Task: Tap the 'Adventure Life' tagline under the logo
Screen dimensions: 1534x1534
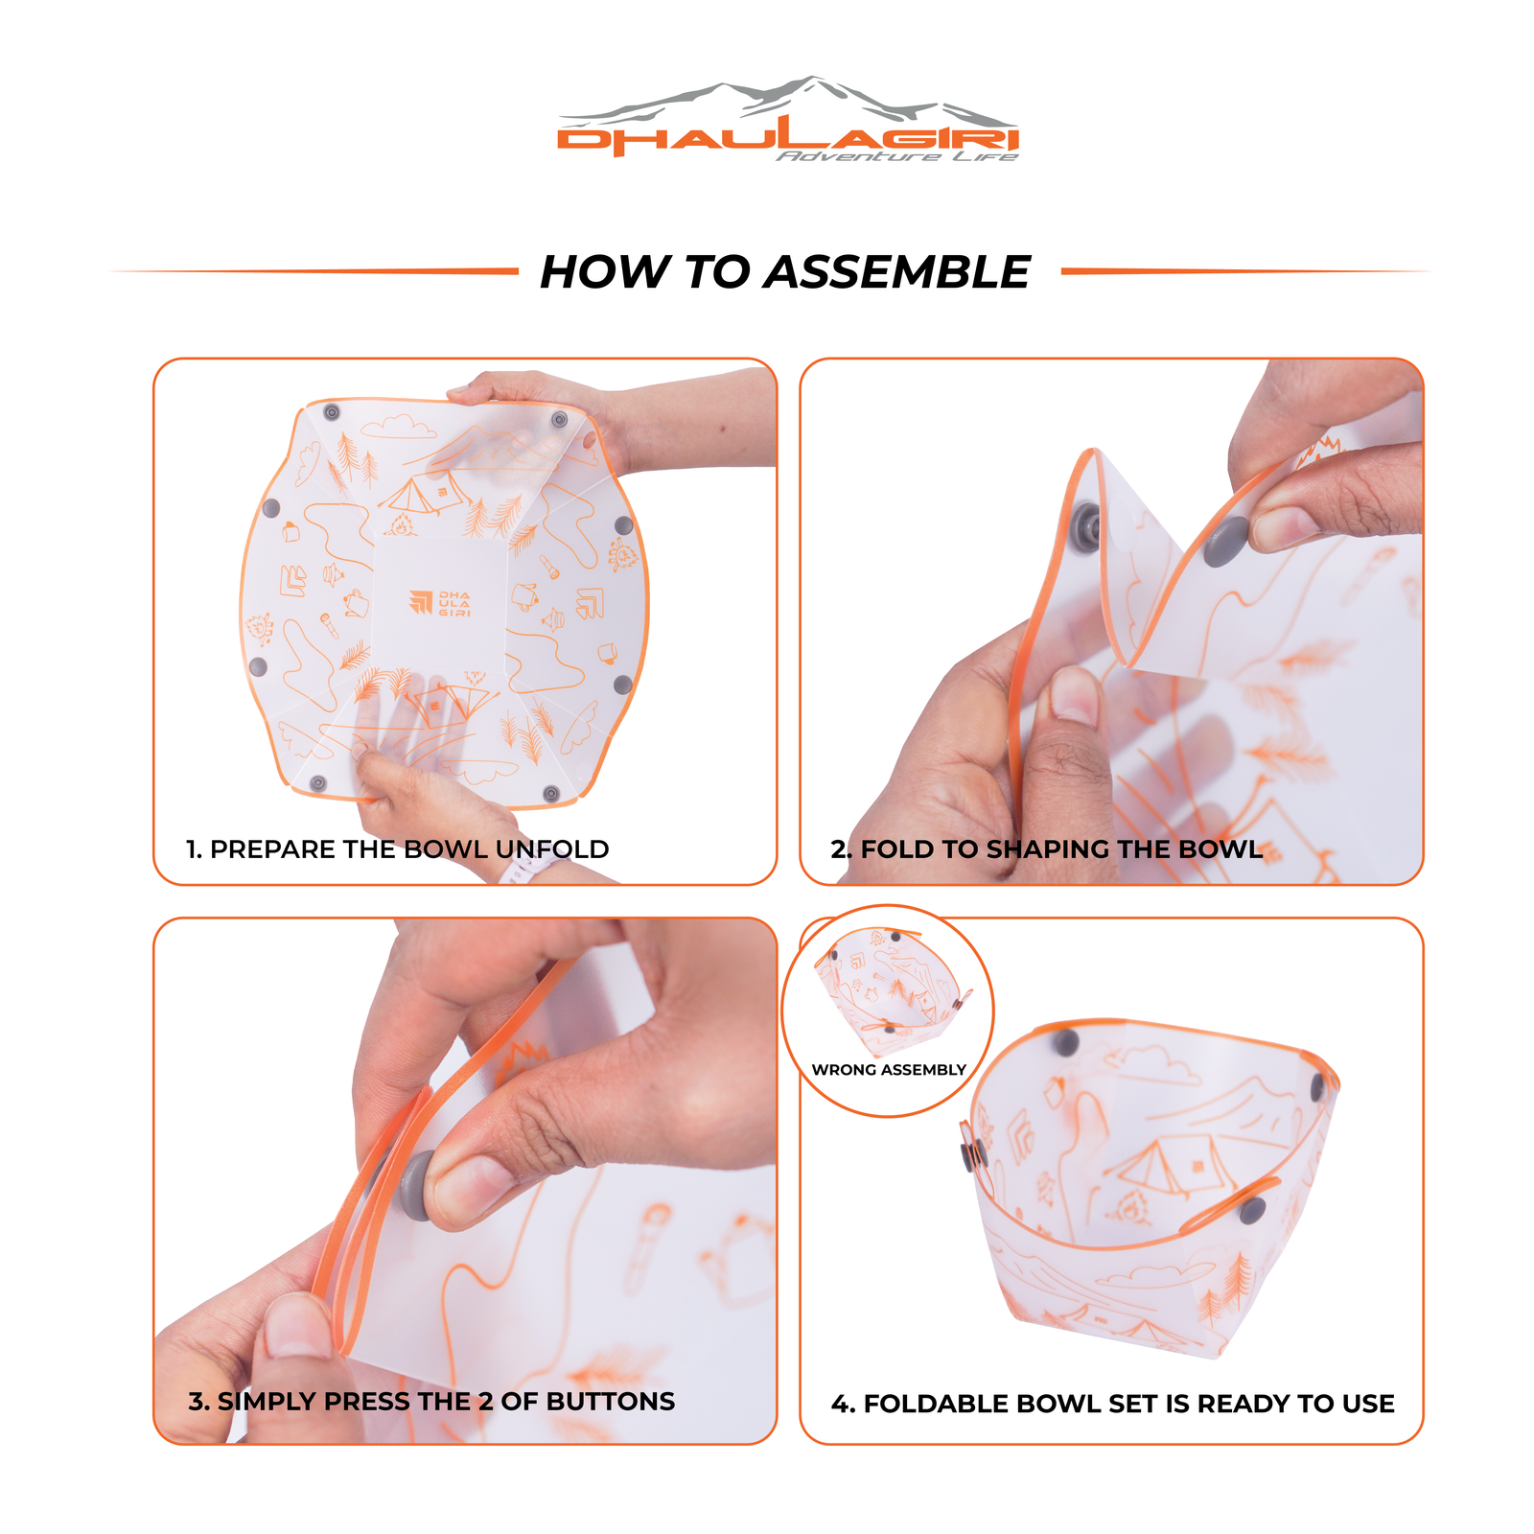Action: click(x=896, y=156)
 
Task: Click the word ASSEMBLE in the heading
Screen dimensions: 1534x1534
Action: click(x=896, y=272)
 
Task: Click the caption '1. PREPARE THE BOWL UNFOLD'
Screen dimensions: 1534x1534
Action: click(x=397, y=849)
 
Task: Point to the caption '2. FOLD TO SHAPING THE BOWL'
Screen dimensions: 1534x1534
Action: click(x=1045, y=849)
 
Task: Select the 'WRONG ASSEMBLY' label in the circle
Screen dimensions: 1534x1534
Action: click(x=888, y=1070)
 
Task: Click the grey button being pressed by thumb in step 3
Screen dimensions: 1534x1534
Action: click(x=419, y=1186)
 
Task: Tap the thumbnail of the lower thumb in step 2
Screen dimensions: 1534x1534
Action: click(x=1074, y=698)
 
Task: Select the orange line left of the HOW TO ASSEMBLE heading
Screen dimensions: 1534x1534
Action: click(x=316, y=271)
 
